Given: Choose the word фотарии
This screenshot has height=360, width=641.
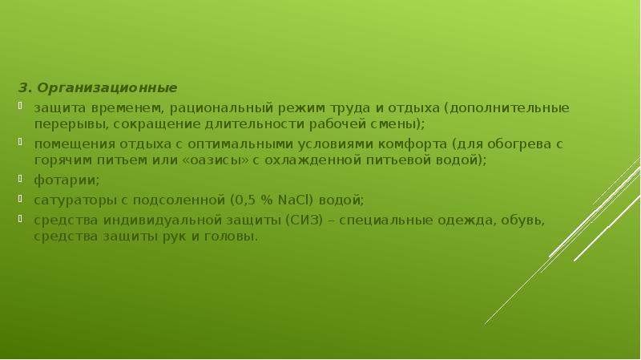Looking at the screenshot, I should tap(55, 180).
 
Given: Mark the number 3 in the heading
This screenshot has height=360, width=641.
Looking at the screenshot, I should tap(23, 87).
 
